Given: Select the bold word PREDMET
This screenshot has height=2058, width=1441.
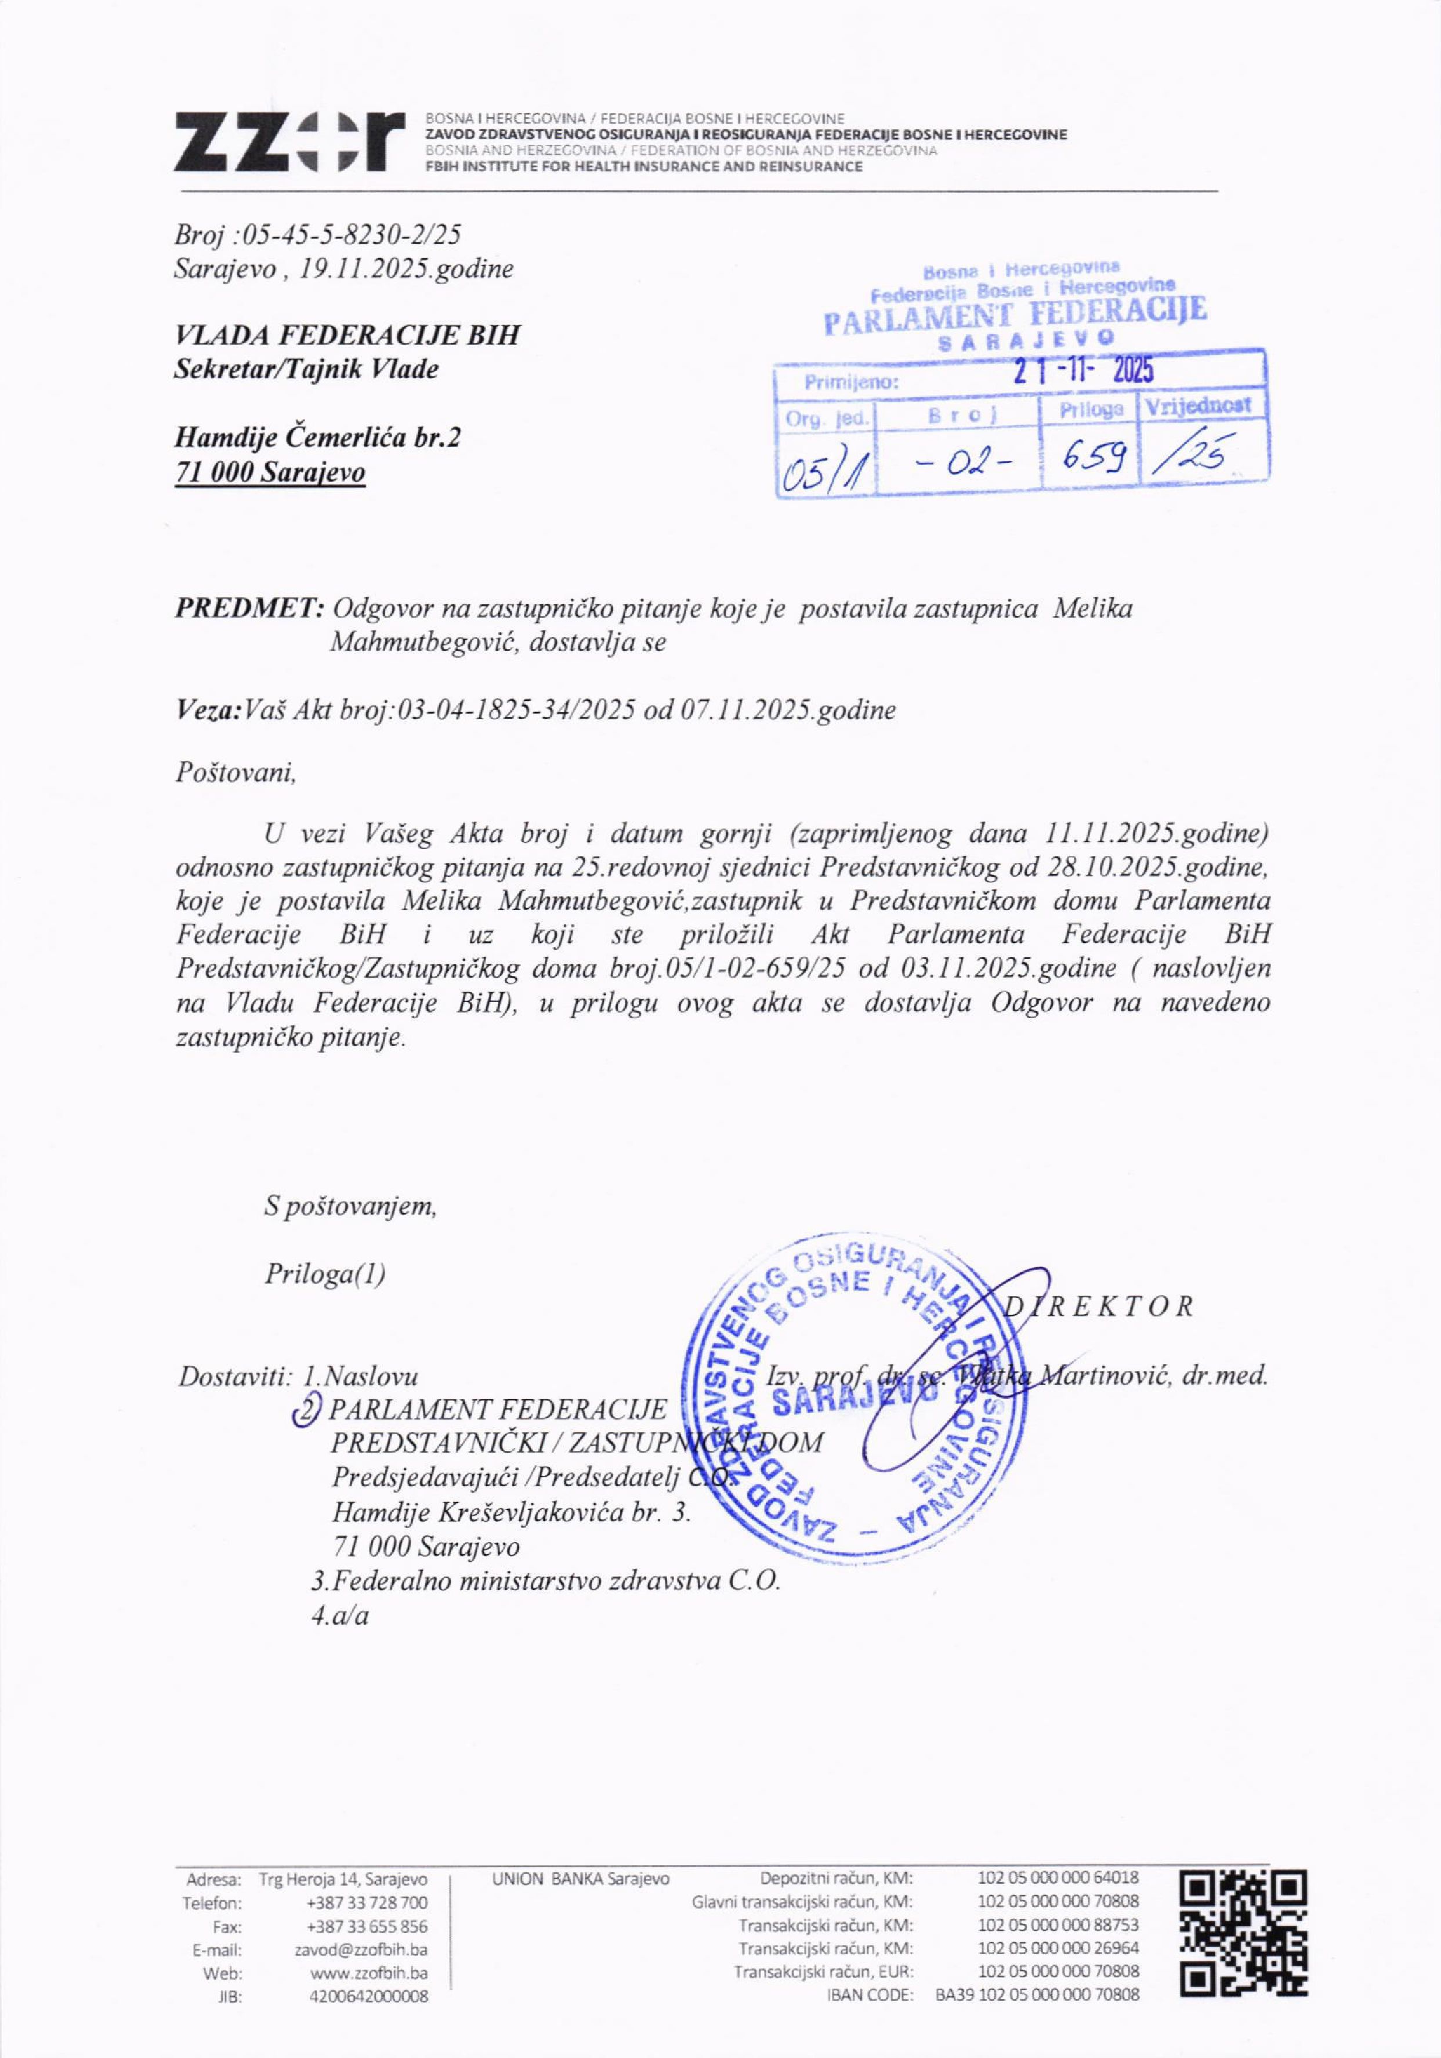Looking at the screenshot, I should click(248, 609).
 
